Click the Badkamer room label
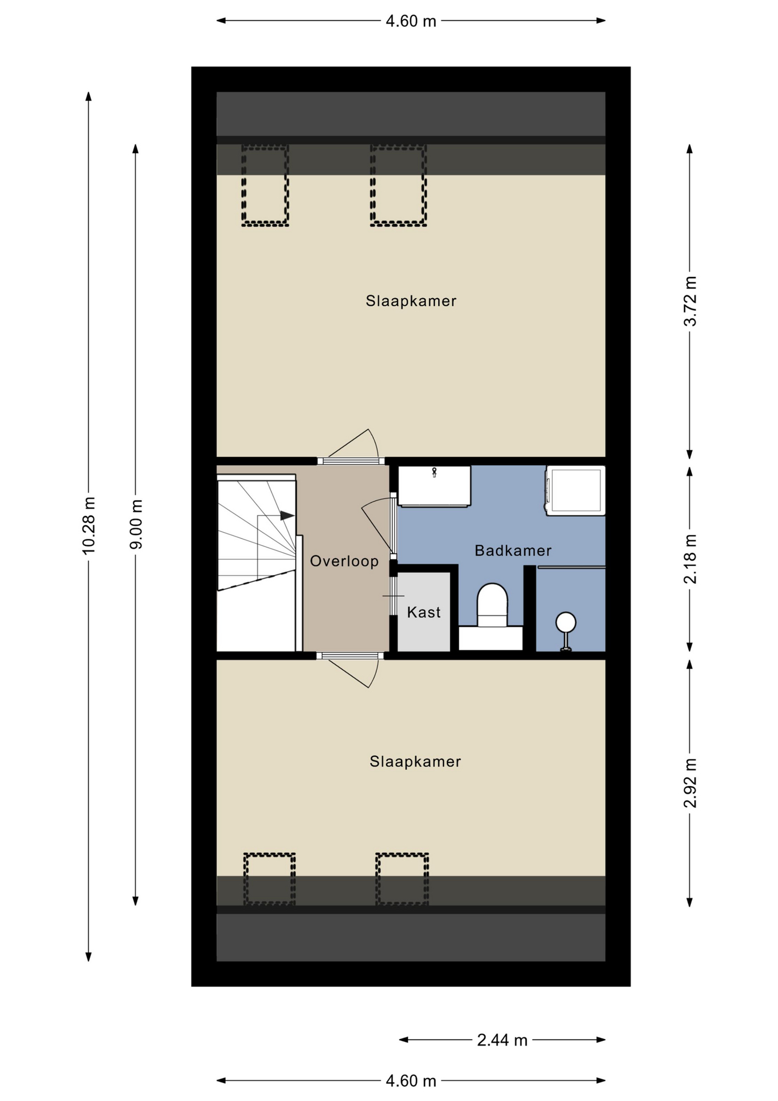(513, 550)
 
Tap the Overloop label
(344, 561)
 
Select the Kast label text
(424, 612)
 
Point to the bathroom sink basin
(434, 486)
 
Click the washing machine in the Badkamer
(575, 490)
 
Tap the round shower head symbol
(566, 622)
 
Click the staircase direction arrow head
(287, 516)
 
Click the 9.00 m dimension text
(136, 524)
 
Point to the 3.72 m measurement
(690, 301)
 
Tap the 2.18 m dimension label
(690, 559)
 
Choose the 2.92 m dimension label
(690, 783)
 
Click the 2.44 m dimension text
(502, 1040)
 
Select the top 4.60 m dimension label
(411, 21)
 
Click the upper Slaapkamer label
(411, 300)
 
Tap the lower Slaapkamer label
(415, 762)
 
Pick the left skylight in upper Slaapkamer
(265, 185)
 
